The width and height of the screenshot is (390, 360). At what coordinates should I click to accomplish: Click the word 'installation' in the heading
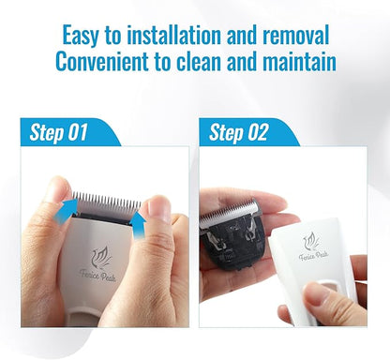(x=175, y=35)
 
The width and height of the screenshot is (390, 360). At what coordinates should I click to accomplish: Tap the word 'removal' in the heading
(x=296, y=35)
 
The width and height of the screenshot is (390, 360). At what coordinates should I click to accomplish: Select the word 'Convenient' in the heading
(x=102, y=62)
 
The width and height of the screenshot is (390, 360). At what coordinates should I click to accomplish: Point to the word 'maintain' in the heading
(x=299, y=62)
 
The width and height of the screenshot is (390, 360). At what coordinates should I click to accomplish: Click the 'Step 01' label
(x=58, y=132)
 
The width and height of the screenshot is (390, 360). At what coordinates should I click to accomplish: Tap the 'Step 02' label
(x=239, y=132)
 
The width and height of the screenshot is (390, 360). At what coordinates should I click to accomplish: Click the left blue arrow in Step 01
(x=67, y=210)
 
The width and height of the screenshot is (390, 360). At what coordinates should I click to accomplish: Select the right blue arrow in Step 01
(x=138, y=226)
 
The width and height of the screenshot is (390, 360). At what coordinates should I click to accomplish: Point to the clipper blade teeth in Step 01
(x=107, y=202)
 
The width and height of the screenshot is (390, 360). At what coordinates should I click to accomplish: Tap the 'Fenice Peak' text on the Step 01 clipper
(x=97, y=276)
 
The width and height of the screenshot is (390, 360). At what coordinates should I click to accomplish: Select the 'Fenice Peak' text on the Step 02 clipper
(x=313, y=256)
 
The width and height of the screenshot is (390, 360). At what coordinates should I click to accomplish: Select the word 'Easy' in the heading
(x=81, y=36)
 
